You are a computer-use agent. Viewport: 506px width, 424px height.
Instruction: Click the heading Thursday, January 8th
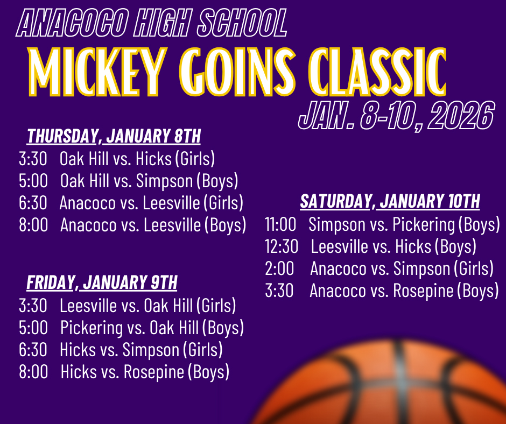tap(114, 137)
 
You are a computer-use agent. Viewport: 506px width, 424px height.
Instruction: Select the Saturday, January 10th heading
tap(390, 202)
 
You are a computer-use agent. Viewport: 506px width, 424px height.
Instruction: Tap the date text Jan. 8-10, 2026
tap(396, 115)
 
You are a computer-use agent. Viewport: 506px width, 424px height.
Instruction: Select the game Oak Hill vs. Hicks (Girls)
tap(137, 159)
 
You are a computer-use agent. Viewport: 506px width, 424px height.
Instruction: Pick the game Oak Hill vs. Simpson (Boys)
tap(149, 181)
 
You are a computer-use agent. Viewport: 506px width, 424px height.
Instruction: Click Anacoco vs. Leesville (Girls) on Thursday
tap(151, 203)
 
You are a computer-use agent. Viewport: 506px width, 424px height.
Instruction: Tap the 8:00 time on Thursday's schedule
tap(33, 225)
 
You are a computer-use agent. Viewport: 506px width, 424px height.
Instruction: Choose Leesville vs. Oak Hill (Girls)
tap(148, 306)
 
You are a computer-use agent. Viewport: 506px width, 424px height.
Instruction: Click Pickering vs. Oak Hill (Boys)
tap(152, 328)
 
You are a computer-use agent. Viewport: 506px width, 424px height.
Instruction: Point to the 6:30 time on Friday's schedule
tap(33, 350)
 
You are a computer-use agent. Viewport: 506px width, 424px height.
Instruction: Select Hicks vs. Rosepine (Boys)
tap(145, 372)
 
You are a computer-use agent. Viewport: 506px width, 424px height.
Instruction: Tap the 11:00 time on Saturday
tap(280, 224)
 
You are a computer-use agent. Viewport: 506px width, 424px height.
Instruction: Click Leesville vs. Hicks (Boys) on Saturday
tap(393, 246)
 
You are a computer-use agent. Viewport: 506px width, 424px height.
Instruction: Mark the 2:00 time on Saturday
tap(279, 268)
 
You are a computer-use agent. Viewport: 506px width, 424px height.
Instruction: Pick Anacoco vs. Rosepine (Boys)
tap(404, 291)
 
